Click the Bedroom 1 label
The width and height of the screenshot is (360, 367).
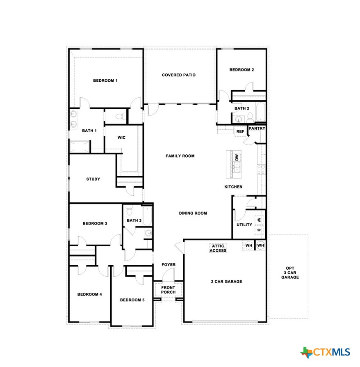[105, 80]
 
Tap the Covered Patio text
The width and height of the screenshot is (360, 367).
[178, 75]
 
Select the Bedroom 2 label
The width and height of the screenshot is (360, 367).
[241, 70]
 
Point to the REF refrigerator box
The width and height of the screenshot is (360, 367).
[240, 131]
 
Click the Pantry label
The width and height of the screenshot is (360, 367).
[257, 128]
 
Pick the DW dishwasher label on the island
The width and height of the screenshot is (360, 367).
[237, 157]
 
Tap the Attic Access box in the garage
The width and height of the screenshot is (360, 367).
[218, 248]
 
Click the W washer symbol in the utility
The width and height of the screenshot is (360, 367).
[259, 220]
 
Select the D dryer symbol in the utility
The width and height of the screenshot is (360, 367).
[259, 230]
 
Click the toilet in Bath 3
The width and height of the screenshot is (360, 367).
[130, 211]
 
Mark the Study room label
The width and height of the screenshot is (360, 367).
[93, 179]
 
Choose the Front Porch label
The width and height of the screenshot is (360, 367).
[168, 290]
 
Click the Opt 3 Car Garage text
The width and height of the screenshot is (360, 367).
[290, 272]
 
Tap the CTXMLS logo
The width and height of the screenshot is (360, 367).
[326, 352]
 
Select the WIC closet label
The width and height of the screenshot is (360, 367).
[121, 138]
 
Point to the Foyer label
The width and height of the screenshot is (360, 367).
[168, 265]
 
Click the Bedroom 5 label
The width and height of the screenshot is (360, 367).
[132, 300]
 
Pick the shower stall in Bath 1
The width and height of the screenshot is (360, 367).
[79, 147]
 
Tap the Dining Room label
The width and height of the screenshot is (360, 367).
[193, 213]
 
